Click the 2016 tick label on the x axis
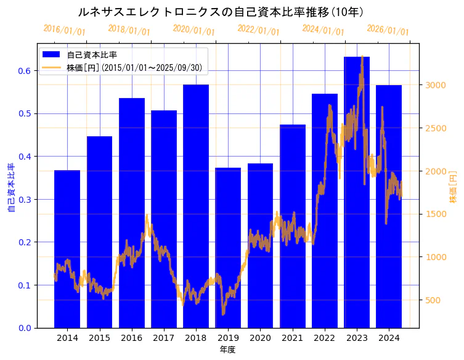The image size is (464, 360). [x=131, y=338]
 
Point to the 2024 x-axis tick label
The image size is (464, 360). [x=389, y=338]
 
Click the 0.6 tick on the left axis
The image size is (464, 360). [x=24, y=71]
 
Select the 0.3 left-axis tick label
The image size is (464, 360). [x=24, y=199]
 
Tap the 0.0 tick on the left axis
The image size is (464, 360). [x=24, y=328]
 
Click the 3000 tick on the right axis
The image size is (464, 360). [x=434, y=85]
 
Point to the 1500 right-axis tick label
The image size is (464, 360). [x=434, y=214]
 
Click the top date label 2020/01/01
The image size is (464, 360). [x=194, y=30]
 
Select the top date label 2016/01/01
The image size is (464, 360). [x=65, y=30]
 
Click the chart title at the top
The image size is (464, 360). [x=221, y=12]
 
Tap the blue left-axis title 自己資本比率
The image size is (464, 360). [x=10, y=188]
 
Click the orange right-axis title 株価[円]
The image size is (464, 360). [x=453, y=188]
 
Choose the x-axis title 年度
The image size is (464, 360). [x=228, y=350]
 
